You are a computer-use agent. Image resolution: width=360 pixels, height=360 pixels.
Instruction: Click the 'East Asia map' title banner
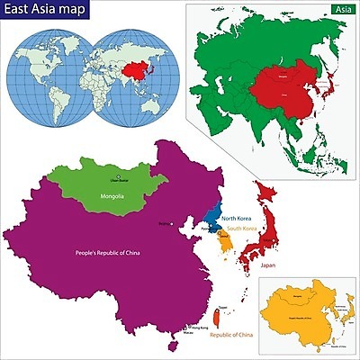45,13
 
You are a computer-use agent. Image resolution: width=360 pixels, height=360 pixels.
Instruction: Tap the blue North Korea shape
213,217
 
